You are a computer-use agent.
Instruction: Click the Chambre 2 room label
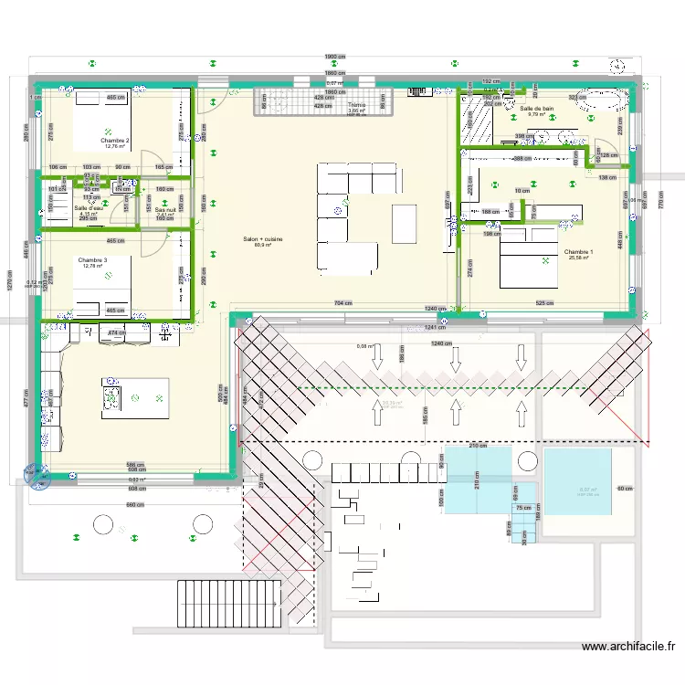pyautogui.click(x=115, y=141)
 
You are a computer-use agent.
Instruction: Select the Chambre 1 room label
pyautogui.click(x=578, y=252)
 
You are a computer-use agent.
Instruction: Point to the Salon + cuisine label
pyautogui.click(x=262, y=240)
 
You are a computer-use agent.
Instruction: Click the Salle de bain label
pyautogui.click(x=536, y=110)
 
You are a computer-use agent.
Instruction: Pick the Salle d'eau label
pyautogui.click(x=88, y=208)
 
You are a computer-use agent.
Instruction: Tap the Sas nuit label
pyautogui.click(x=165, y=209)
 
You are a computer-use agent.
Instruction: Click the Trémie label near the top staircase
pyautogui.click(x=356, y=106)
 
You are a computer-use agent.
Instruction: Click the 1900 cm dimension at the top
pyautogui.click(x=335, y=57)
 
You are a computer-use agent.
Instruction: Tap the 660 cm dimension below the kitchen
pyautogui.click(x=135, y=504)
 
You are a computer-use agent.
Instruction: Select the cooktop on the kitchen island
pyautogui.click(x=114, y=397)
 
